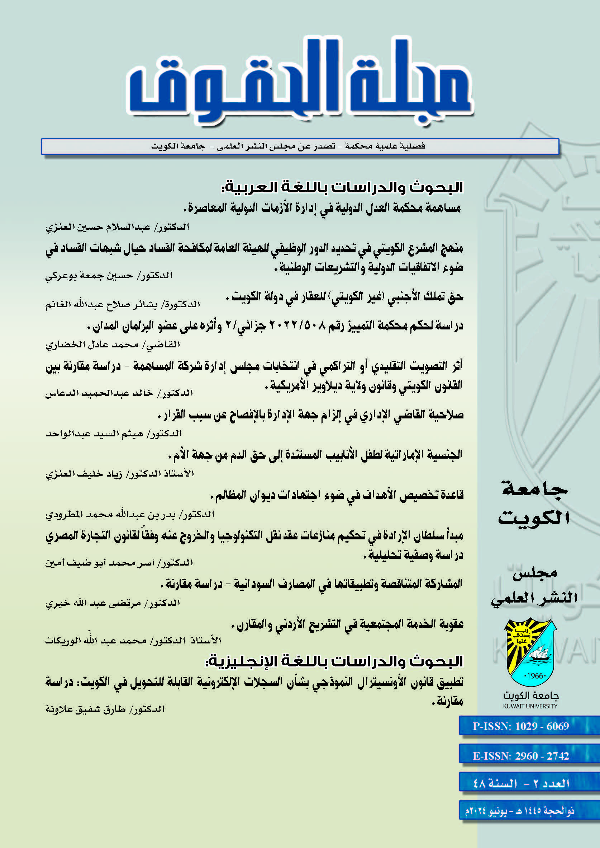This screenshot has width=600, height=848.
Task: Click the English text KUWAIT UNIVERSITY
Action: coord(530,706)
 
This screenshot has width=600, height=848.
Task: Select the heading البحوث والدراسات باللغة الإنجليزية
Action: coord(334,661)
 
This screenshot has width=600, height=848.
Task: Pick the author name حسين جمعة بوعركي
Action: coord(89,276)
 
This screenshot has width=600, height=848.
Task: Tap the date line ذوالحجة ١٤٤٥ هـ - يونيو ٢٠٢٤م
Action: coord(519,811)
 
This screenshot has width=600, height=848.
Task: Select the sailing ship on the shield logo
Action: coord(539,655)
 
